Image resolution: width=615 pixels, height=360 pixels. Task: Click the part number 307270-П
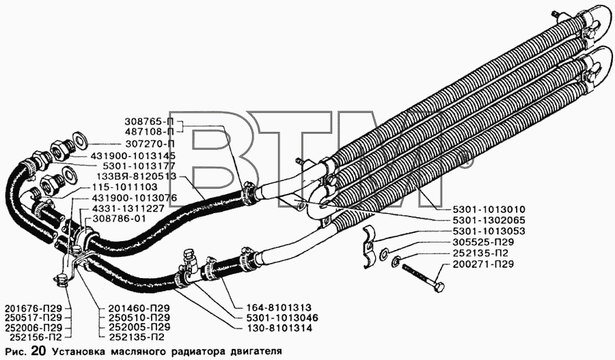150,143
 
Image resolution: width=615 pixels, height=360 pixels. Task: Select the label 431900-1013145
133,155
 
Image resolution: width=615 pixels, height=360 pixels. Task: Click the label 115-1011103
125,186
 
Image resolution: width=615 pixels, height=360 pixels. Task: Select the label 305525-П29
483,243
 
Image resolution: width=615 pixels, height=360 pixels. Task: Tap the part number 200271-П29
483,264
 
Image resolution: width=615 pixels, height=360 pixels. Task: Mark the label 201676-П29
33,308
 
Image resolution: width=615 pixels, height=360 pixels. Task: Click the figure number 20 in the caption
35,350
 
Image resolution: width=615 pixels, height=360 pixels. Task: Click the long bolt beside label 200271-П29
424,276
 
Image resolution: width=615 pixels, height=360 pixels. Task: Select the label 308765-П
150,121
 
